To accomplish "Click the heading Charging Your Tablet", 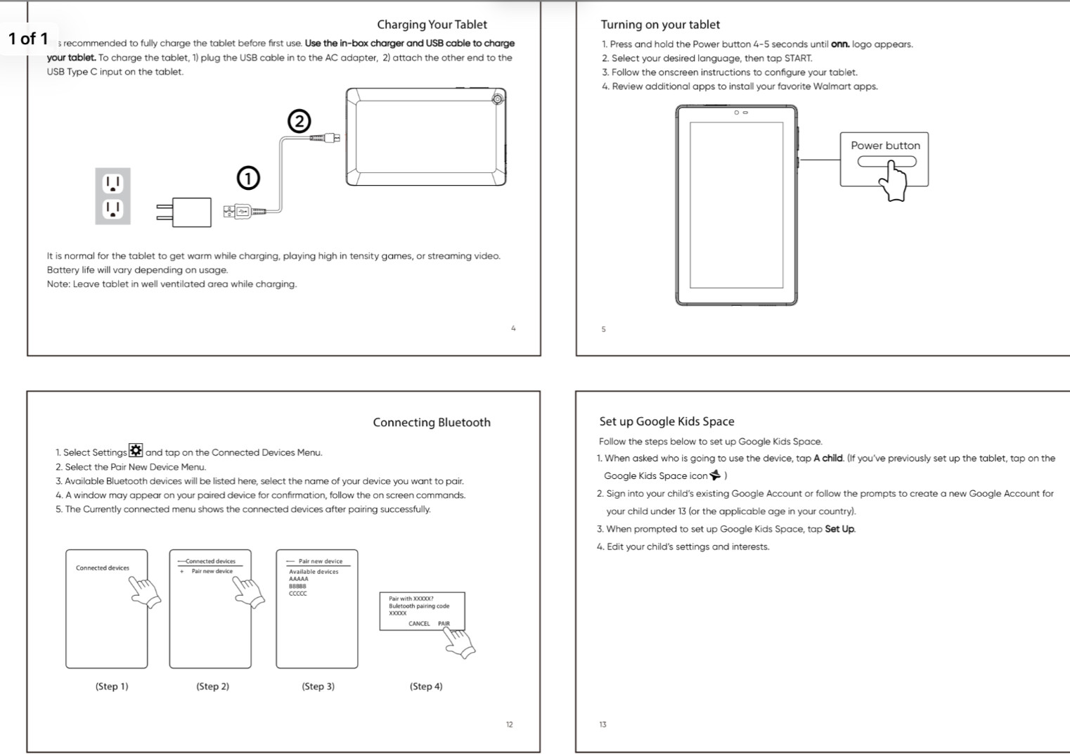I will click(432, 25).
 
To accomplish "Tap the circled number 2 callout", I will click(299, 122).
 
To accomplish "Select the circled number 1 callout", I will click(247, 179).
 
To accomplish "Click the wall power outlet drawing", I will click(112, 196).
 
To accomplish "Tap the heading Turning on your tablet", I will click(660, 25).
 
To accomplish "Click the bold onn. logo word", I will click(839, 44).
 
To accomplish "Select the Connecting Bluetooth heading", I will click(432, 423).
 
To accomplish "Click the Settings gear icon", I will click(136, 451).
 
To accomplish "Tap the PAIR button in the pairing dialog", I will click(444, 624).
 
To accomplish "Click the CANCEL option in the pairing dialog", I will click(419, 624).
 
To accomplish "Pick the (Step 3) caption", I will click(318, 686).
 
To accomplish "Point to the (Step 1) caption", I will click(112, 686).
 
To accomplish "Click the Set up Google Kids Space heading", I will click(666, 422).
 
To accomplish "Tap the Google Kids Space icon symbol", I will click(716, 475).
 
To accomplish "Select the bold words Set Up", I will click(839, 529).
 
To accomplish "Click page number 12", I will click(509, 724).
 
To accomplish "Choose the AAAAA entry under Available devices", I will click(299, 579).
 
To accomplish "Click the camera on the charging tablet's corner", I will click(498, 98).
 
